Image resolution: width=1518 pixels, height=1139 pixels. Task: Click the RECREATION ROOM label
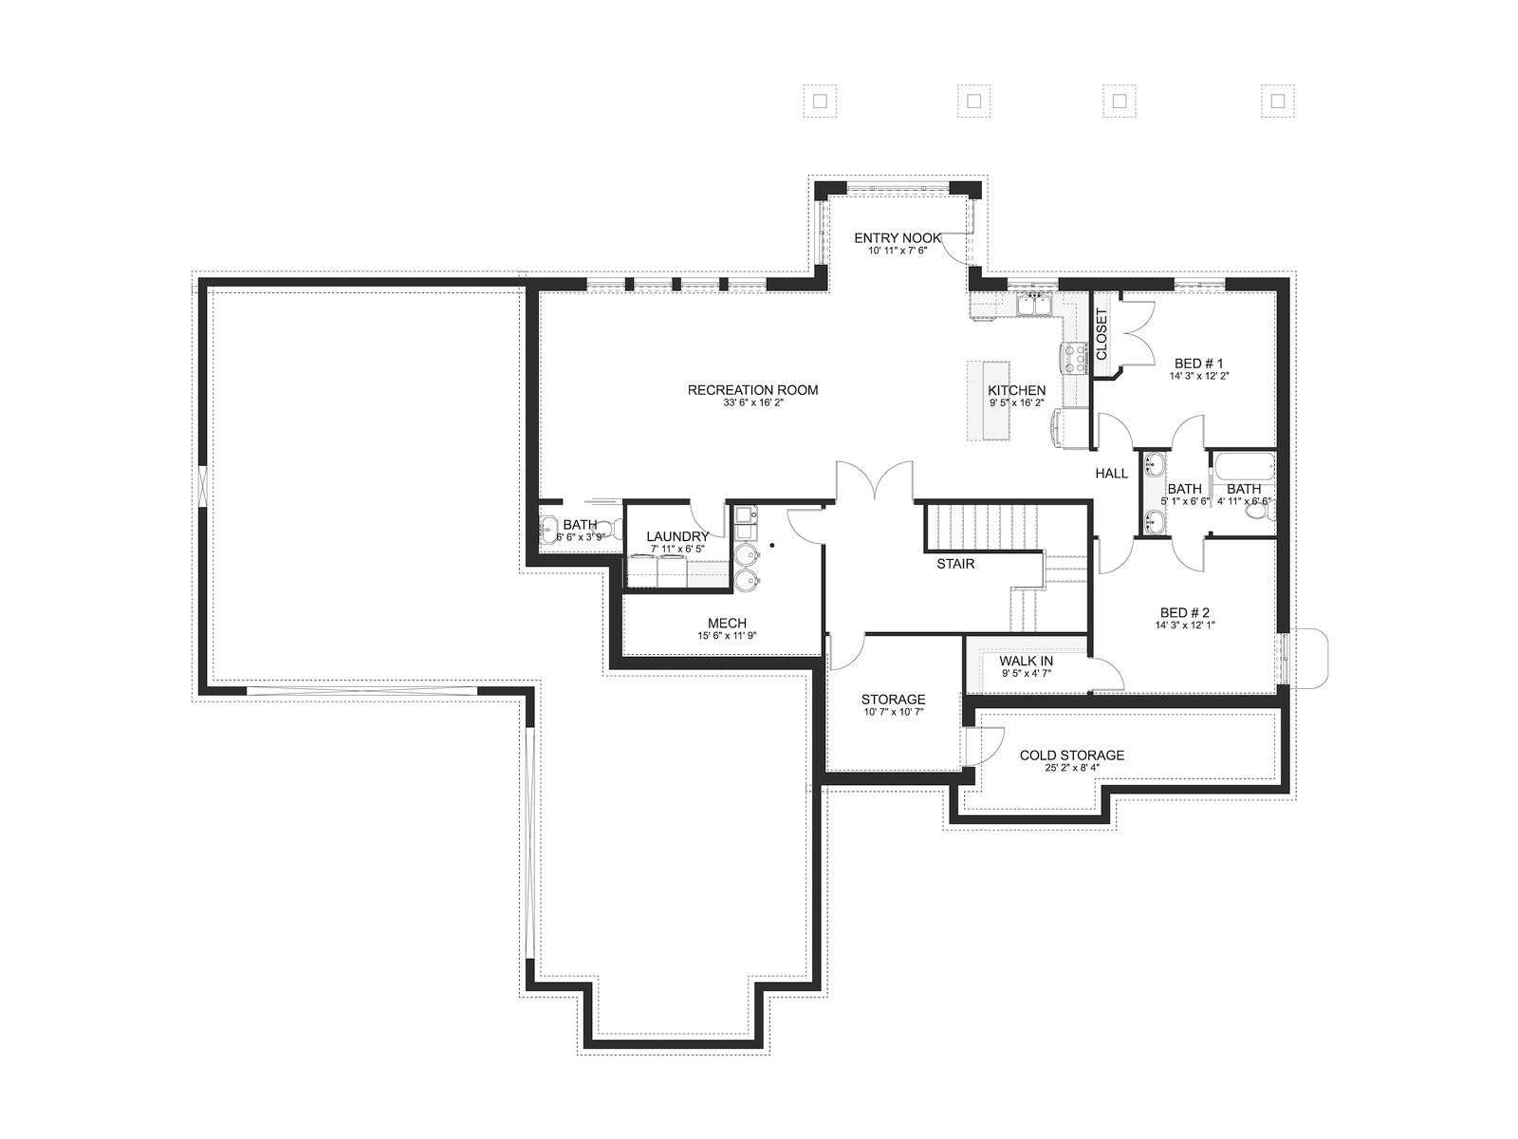click(x=752, y=390)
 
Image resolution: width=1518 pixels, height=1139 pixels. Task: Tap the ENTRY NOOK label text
click(x=898, y=238)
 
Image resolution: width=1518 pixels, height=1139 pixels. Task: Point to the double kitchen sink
click(x=1034, y=305)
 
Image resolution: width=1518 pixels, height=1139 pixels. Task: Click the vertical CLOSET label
click(x=1101, y=334)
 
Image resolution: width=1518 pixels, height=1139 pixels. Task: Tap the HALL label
click(x=1111, y=474)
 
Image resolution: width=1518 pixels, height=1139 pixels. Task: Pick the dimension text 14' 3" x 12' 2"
click(x=1199, y=376)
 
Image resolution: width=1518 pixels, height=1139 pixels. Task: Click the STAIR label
click(x=955, y=564)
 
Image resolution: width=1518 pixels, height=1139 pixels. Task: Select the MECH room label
click(x=727, y=623)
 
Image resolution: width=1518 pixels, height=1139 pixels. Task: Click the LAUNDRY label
click(x=677, y=536)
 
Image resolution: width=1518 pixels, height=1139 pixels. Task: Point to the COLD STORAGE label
click(x=1072, y=756)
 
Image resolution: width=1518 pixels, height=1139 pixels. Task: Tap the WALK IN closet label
click(x=1027, y=662)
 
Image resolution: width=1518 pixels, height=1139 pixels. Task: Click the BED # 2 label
click(x=1185, y=613)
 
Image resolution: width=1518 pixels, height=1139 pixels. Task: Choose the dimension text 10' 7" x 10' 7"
click(x=894, y=712)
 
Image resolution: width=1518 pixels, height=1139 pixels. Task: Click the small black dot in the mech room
click(x=771, y=545)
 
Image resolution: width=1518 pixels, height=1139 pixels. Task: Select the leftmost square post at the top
click(x=820, y=102)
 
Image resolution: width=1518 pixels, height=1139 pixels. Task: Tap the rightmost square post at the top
click(x=1278, y=102)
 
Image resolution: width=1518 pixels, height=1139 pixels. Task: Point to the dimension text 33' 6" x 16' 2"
click(x=753, y=402)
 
